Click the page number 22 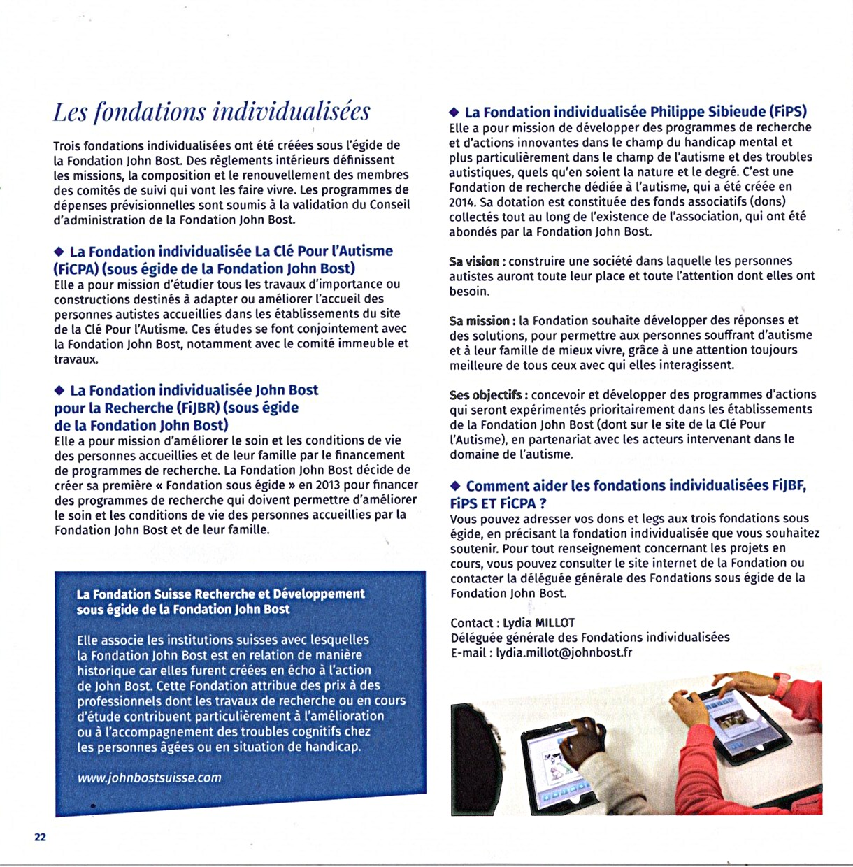point(40,837)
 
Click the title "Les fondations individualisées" point(211,112)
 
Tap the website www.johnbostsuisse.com point(149,778)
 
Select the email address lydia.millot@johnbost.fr point(564,652)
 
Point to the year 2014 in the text point(462,201)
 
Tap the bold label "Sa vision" point(474,261)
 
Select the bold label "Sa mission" point(480,321)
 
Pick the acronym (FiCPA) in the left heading point(78,268)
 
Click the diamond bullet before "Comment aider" point(456,485)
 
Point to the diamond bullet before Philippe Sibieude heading point(454,112)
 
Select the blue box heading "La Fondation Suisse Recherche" point(220,601)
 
